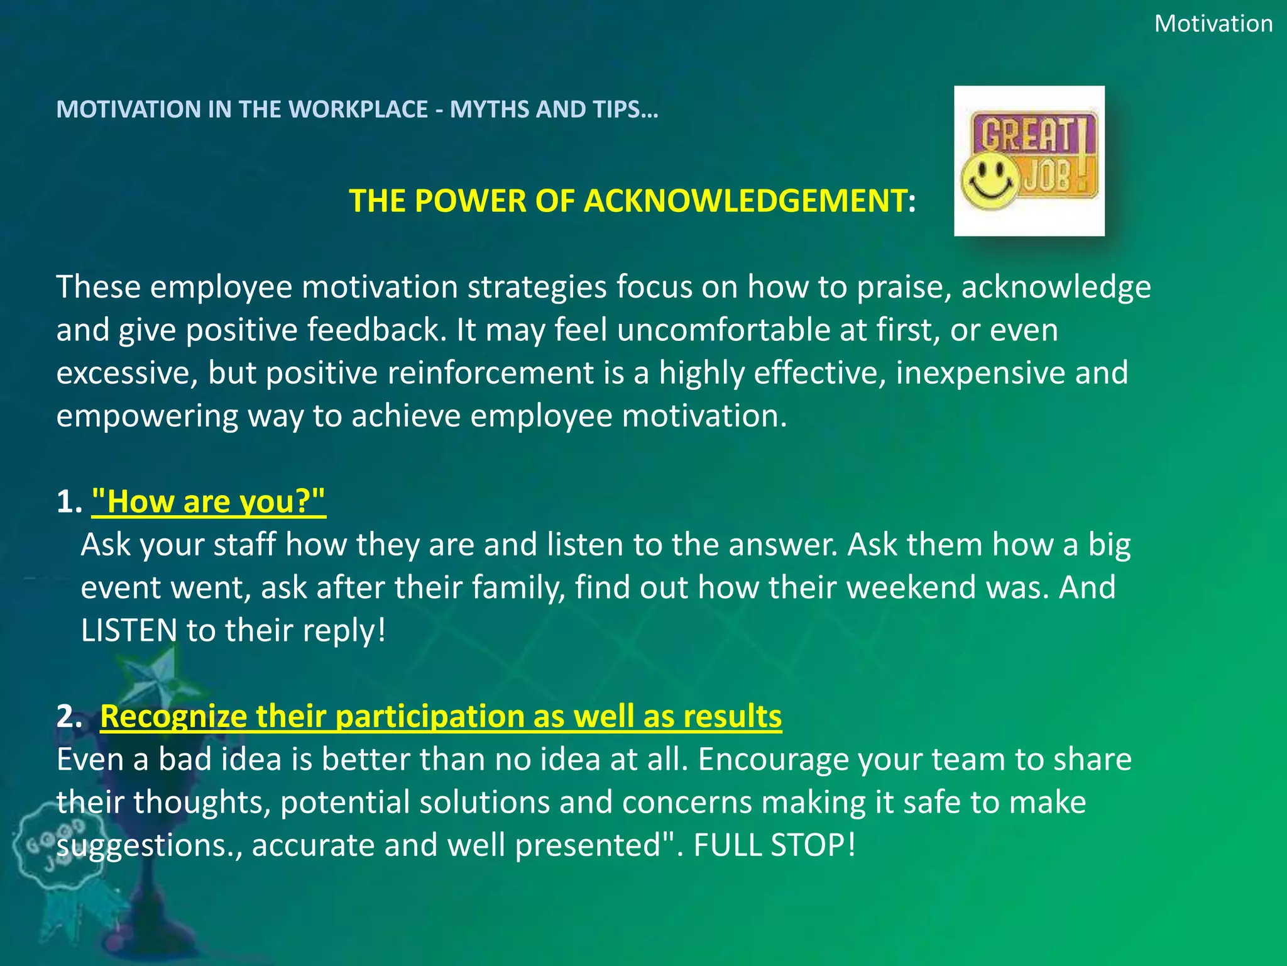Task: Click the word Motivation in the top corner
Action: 1213,24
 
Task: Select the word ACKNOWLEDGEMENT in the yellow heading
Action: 745,201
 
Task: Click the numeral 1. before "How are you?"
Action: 69,502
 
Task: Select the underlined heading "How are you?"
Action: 209,502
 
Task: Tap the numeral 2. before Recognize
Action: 69,716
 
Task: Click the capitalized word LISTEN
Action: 129,630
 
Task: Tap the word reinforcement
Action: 490,373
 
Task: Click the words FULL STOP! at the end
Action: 774,845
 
